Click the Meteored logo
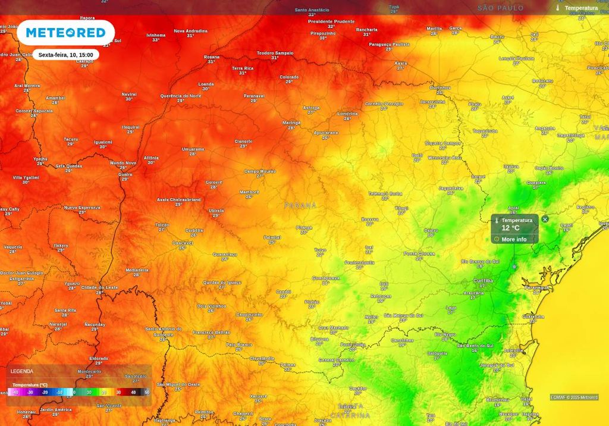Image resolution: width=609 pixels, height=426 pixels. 65,33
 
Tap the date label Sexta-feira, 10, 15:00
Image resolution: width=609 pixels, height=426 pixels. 65,55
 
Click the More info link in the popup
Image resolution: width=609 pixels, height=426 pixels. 514,239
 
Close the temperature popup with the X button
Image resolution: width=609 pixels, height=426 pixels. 545,220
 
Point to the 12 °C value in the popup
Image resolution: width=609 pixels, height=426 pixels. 510,228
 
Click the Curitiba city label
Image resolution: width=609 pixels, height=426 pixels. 483,280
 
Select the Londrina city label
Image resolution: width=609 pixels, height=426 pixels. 347,113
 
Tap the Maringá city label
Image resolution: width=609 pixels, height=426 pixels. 291,123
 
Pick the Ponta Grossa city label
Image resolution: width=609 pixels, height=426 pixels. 419,253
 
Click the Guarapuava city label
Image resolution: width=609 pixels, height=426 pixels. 325,278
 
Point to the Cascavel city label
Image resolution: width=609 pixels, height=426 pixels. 182,243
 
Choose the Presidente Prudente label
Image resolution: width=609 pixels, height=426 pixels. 331,21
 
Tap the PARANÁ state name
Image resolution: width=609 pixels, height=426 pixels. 300,205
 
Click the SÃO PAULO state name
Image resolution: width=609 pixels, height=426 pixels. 501,8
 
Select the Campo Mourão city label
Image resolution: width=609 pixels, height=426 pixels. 260,171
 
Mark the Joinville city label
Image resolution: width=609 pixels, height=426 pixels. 513,351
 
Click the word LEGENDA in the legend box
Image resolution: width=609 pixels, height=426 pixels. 22,371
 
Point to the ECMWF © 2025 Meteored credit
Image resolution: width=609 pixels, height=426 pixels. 574,397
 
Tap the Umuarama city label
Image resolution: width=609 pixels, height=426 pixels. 193,149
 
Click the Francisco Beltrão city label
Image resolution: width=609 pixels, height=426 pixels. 211,332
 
